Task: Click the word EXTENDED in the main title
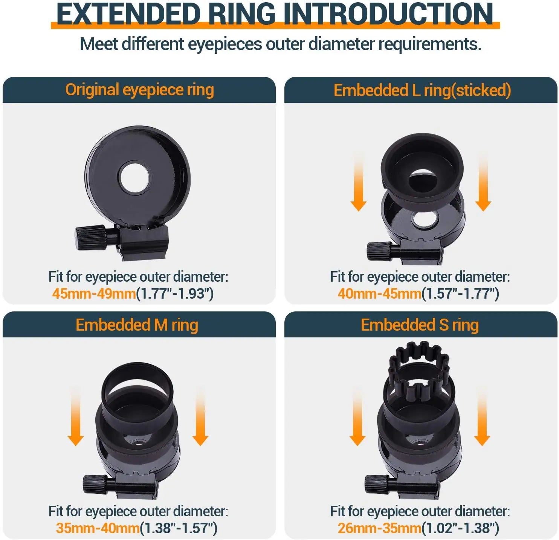128,14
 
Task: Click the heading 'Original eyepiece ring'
139,90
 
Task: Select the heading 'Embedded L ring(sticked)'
422,90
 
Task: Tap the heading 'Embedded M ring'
137,325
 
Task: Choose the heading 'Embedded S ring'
420,325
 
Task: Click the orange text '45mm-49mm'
94,293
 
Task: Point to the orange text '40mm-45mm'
379,293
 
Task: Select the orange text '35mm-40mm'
98,528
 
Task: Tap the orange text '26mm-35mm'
379,528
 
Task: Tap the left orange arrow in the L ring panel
358,183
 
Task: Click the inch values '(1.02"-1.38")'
460,528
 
